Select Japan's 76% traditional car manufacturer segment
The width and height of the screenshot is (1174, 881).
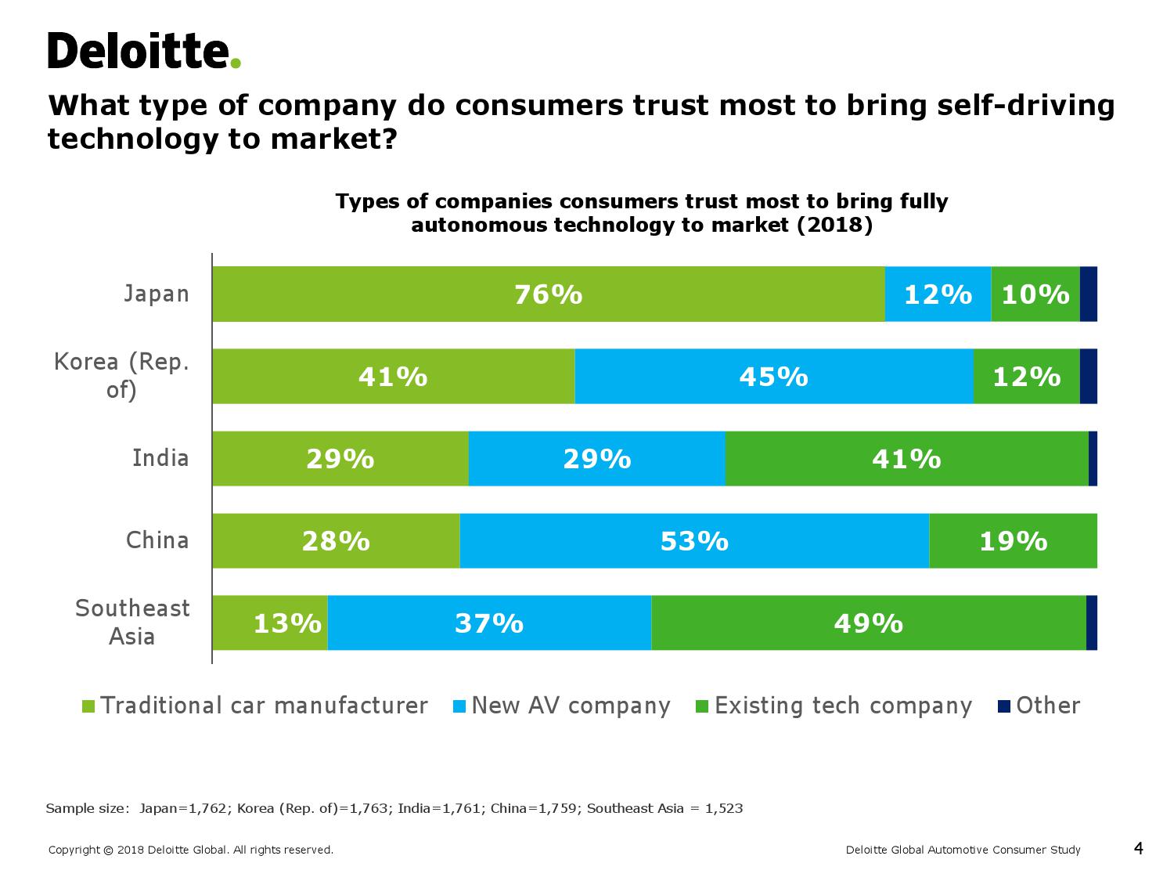tap(548, 294)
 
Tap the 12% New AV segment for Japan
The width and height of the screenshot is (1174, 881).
tap(938, 294)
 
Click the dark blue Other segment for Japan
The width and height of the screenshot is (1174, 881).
tap(1088, 294)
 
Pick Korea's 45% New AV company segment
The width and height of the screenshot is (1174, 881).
tap(773, 377)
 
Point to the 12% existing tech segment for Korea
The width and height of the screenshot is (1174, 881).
tap(1026, 377)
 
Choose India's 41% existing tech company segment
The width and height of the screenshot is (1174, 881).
tap(906, 459)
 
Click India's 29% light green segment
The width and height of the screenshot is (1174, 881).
tap(340, 459)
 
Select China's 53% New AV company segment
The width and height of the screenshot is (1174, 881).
tap(694, 541)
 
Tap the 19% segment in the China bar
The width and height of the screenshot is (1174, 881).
tap(1013, 541)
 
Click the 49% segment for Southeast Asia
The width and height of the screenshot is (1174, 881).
tap(868, 623)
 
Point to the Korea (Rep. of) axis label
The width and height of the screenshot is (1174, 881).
tap(122, 376)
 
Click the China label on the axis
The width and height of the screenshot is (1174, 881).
tap(157, 540)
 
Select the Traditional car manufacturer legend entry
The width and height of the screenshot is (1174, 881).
tap(255, 706)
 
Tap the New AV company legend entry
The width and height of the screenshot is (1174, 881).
tap(561, 706)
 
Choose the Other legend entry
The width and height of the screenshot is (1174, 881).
tap(1039, 706)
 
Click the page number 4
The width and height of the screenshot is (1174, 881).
tap(1138, 848)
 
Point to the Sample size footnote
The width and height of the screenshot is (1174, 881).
tap(394, 808)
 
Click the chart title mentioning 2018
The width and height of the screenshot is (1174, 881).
tap(642, 213)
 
